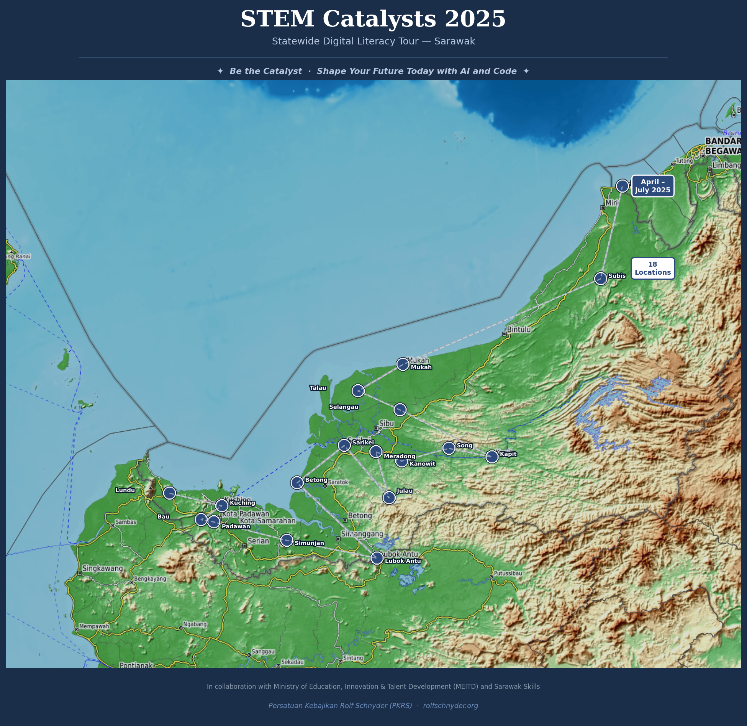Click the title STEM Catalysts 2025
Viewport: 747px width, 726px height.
pyautogui.click(x=373, y=19)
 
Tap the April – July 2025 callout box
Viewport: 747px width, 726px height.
pyautogui.click(x=652, y=186)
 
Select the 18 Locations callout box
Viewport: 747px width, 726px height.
pyautogui.click(x=653, y=269)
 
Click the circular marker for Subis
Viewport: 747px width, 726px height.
pyautogui.click(x=600, y=279)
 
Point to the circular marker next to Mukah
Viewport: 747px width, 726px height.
pyautogui.click(x=403, y=364)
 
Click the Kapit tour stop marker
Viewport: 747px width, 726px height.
pyautogui.click(x=492, y=457)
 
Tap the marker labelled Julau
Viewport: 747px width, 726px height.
pyautogui.click(x=389, y=498)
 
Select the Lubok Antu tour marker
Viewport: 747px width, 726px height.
pyautogui.click(x=377, y=558)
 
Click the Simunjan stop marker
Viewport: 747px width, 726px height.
pyautogui.click(x=287, y=540)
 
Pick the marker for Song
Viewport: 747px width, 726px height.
pyautogui.click(x=449, y=448)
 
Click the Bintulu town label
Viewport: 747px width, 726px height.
pyautogui.click(x=519, y=329)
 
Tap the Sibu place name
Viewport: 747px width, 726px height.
pyautogui.click(x=386, y=424)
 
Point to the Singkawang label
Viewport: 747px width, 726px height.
pyautogui.click(x=102, y=569)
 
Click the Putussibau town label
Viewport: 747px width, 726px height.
pyautogui.click(x=508, y=574)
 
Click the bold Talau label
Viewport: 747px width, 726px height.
pyautogui.click(x=318, y=388)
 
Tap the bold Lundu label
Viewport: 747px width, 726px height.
pyautogui.click(x=125, y=490)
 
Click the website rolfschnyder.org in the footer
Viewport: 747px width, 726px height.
pyautogui.click(x=450, y=706)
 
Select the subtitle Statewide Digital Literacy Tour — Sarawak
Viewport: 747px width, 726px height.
pyautogui.click(x=373, y=41)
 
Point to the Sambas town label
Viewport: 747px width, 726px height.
pyautogui.click(x=126, y=522)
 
